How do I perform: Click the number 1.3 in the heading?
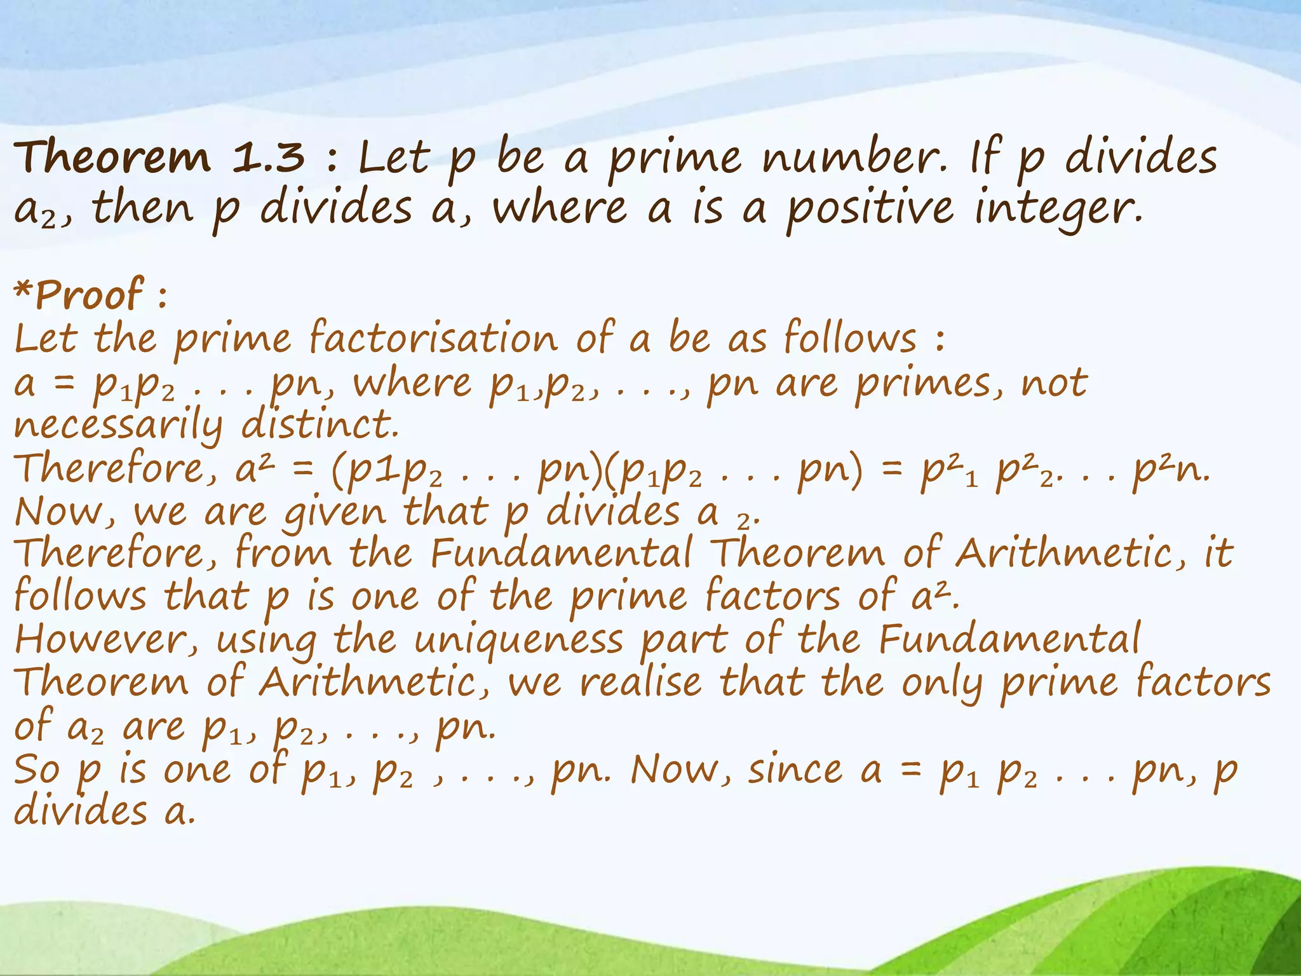point(268,157)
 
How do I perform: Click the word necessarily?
point(118,426)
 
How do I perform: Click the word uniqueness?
point(518,640)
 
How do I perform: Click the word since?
point(797,770)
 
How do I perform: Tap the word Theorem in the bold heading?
point(112,157)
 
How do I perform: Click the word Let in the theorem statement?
point(394,157)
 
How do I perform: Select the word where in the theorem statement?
point(560,209)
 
